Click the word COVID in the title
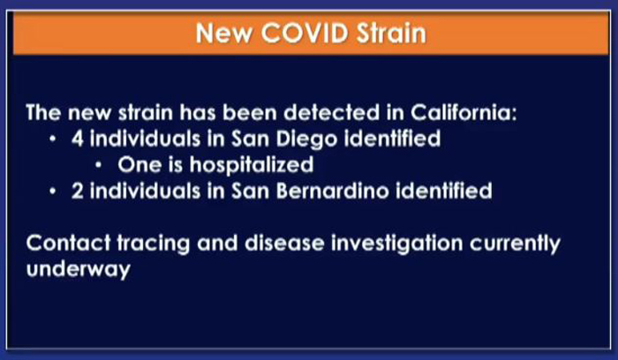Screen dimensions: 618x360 pos(305,33)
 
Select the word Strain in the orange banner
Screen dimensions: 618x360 pos(391,33)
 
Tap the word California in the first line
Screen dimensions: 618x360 pos(463,113)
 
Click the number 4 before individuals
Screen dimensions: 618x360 pos(78,139)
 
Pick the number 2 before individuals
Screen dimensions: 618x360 pos(78,191)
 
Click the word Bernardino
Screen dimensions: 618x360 pos(333,191)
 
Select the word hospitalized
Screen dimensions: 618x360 pos(252,165)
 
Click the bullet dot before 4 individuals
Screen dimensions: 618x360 pos(53,139)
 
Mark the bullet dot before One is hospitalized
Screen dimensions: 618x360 pos(99,165)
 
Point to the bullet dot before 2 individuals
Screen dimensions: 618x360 pos(53,191)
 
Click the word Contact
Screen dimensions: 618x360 pos(69,243)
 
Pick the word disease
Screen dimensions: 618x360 pos(284,243)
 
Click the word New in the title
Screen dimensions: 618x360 pos(224,33)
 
